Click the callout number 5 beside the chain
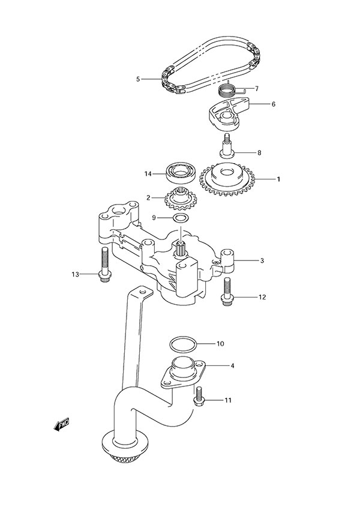[x=137, y=79]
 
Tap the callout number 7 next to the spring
[x=256, y=88]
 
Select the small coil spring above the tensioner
[x=226, y=91]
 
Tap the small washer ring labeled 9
[x=179, y=217]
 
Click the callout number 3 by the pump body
[x=262, y=260]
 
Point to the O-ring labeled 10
[x=182, y=344]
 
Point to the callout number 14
[x=148, y=174]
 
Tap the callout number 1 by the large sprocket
[x=277, y=178]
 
